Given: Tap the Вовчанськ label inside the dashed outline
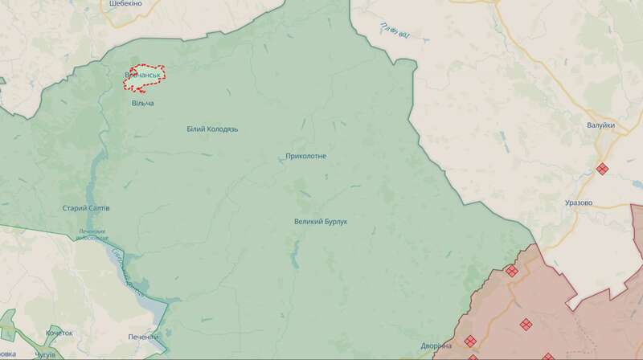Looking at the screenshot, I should click(143, 75).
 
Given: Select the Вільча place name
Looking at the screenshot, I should click(142, 104).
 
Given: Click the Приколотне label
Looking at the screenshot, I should click(305, 156).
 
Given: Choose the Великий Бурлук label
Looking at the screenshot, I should click(325, 221).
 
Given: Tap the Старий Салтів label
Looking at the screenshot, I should click(86, 208).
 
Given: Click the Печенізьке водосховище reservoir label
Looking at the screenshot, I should click(92, 235).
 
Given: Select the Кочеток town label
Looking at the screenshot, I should click(59, 333).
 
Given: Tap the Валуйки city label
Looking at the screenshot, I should click(601, 125).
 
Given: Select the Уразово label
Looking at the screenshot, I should click(578, 202).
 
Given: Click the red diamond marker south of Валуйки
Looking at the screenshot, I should click(602, 169).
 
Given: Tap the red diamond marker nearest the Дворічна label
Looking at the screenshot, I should click(471, 341).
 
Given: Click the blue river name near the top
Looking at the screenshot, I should click(397, 32).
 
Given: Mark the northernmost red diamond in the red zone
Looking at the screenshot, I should click(511, 271).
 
